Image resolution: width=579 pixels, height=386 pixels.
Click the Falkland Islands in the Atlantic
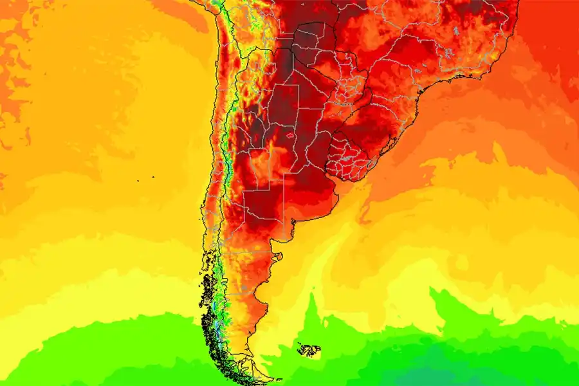(309, 350)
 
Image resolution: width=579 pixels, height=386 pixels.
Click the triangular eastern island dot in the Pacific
(154, 177)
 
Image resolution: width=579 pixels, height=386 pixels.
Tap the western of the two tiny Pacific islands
(138, 180)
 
